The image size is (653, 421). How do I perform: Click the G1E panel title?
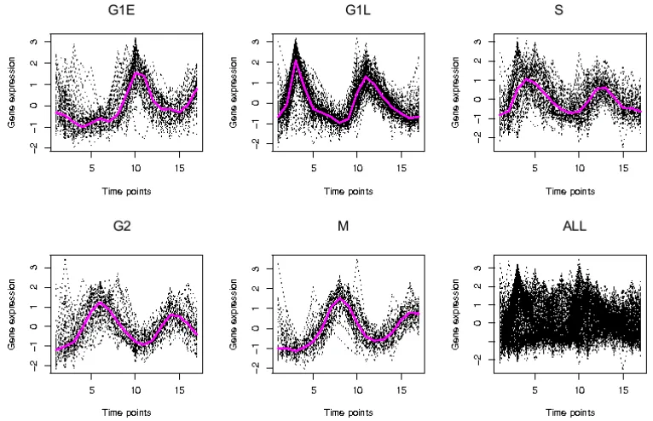[121, 10]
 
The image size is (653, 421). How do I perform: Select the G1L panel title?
[358, 10]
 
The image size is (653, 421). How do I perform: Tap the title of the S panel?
[559, 10]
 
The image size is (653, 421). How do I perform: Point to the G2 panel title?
[122, 226]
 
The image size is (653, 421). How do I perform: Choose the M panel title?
[344, 226]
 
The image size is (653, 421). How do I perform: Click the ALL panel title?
[575, 226]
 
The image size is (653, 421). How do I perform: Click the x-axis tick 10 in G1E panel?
[136, 168]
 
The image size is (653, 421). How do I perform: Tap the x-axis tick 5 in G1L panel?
[314, 168]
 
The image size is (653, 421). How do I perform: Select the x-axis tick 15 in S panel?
[623, 168]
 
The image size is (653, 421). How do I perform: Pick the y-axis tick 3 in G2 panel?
[35, 268]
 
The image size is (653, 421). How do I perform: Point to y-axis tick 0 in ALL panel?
[477, 323]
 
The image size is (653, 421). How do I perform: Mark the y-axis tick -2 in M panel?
[256, 366]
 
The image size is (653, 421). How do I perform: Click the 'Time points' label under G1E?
[127, 192]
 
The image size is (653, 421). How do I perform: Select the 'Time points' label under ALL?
[570, 412]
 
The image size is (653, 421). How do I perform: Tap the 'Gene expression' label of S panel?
[455, 92]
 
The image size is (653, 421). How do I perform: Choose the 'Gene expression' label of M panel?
[234, 314]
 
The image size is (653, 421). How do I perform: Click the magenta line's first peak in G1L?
[296, 61]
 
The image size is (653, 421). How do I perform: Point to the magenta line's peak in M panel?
[340, 298]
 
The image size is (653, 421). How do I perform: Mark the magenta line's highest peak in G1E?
[136, 73]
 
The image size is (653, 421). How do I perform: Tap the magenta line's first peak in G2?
[101, 303]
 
